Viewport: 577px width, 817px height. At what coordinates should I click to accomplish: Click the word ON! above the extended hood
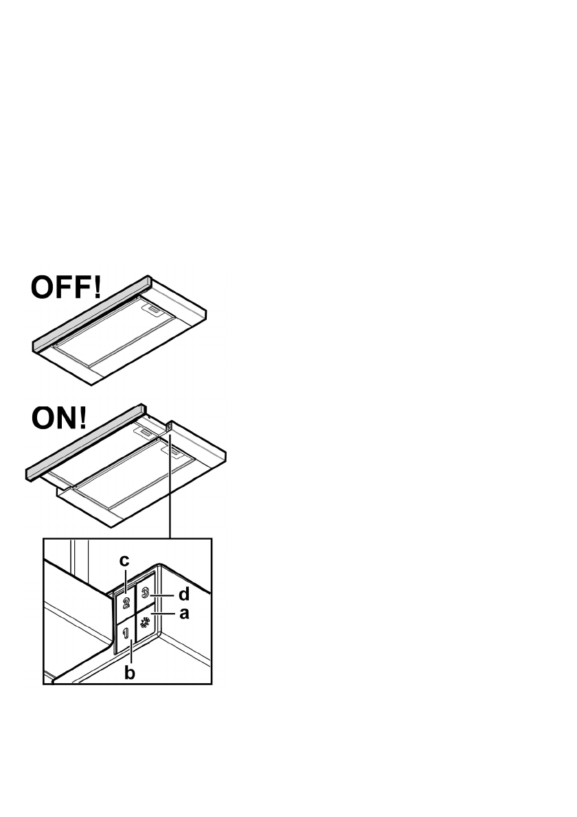(x=57, y=418)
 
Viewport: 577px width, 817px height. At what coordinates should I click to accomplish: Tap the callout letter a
(x=183, y=613)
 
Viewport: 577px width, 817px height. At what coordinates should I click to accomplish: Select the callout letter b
(x=129, y=673)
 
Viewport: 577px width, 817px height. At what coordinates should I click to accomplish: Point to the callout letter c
(x=124, y=561)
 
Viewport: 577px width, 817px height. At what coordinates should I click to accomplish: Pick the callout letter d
(x=183, y=594)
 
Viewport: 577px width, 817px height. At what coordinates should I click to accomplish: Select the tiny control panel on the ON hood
(x=168, y=428)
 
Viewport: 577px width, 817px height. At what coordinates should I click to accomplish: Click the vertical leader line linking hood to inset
(x=169, y=494)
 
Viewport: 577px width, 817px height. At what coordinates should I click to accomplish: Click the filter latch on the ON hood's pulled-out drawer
(x=172, y=451)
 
